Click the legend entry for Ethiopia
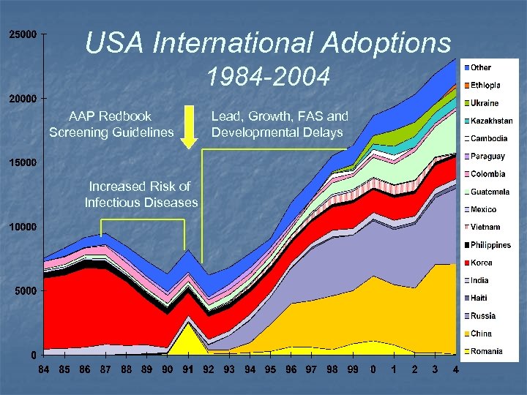click(485, 86)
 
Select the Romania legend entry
click(486, 352)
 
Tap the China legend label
click(481, 334)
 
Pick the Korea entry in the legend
click(481, 263)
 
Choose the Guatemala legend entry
click(490, 192)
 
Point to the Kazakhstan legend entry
click(491, 121)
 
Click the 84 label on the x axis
click(44, 369)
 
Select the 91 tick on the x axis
click(188, 369)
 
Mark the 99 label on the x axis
click(352, 369)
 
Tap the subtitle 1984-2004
click(268, 76)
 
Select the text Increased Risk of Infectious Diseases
click(141, 194)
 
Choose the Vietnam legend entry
click(485, 227)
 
